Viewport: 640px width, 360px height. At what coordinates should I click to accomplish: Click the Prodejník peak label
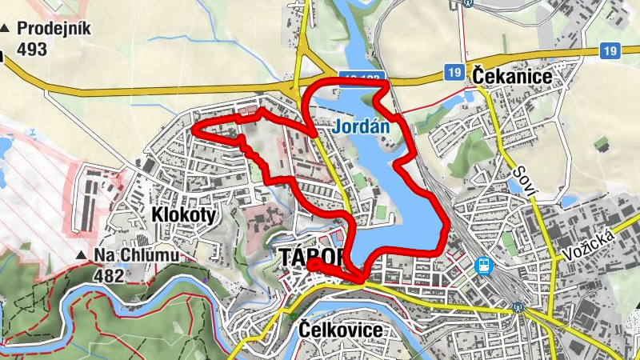54,30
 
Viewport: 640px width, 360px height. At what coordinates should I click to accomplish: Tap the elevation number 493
31,49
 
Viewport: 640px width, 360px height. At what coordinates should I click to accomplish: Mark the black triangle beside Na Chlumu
82,256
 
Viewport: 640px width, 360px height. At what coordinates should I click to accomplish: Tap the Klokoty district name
183,214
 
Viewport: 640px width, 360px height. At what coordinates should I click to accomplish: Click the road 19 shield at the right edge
610,51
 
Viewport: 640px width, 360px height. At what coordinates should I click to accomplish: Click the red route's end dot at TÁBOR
313,263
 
